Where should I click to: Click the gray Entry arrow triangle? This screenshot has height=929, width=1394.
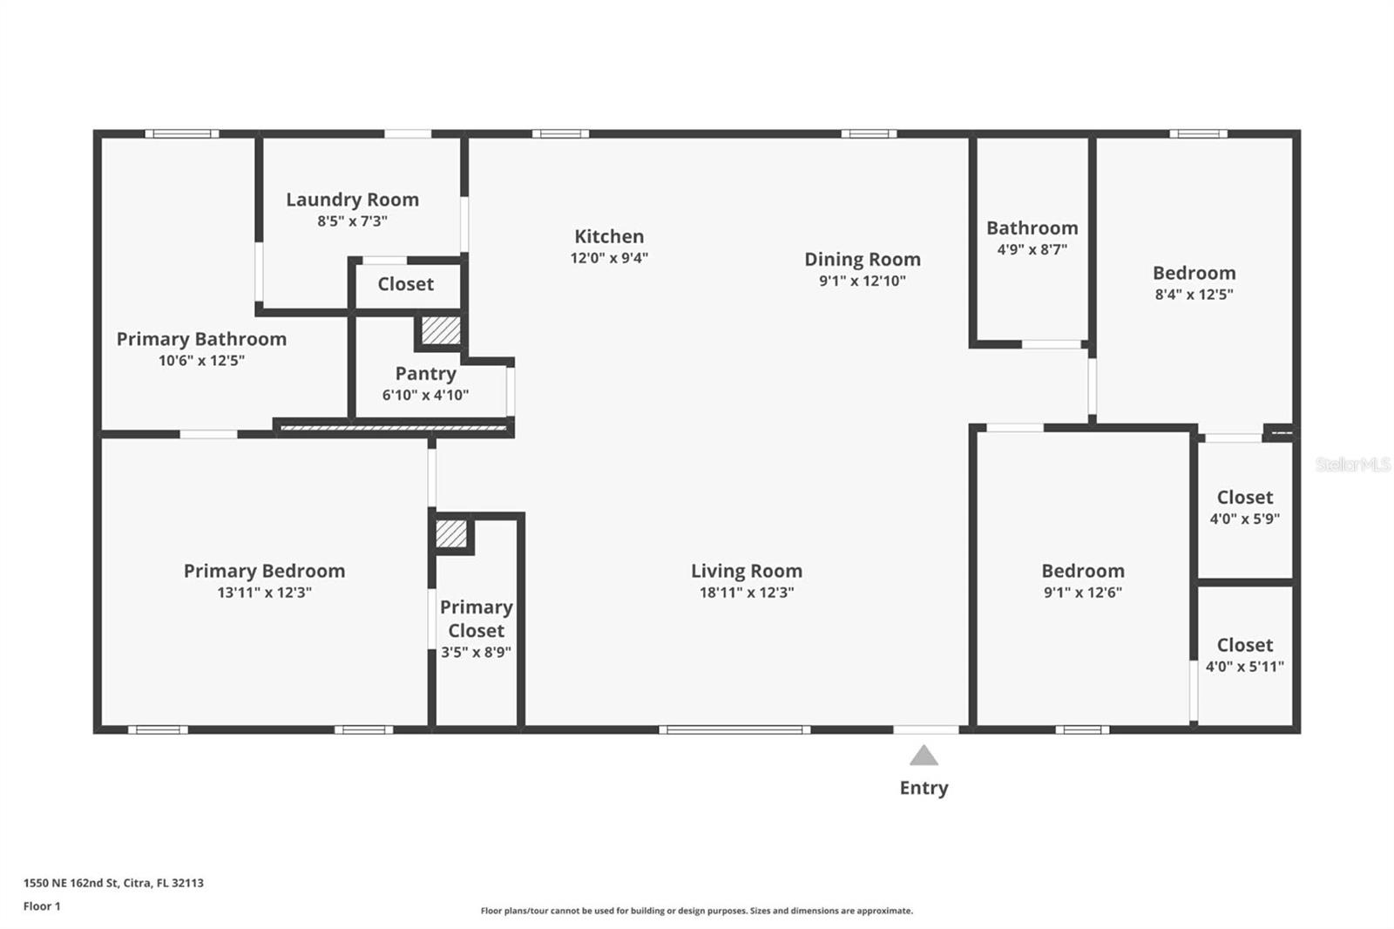click(924, 756)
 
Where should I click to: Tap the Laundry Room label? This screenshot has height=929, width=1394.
click(352, 200)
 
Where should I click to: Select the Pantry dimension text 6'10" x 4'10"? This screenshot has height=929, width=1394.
click(425, 395)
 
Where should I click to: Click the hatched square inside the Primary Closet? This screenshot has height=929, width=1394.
click(451, 533)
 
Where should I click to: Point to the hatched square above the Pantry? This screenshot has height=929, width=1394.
click(441, 330)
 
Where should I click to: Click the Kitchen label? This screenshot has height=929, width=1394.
click(609, 236)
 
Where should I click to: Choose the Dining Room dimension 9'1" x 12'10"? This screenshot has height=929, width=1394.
click(862, 281)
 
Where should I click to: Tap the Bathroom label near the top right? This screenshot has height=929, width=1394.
click(1032, 227)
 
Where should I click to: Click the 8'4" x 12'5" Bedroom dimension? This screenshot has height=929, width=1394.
click(1194, 295)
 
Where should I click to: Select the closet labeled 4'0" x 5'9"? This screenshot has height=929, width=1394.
click(1244, 507)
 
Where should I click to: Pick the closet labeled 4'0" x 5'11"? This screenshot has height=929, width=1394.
click(1244, 655)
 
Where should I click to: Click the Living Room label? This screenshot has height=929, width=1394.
click(747, 571)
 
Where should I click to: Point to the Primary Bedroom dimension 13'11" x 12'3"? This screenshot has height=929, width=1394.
click(264, 593)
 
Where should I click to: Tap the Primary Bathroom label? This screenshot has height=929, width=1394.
click(201, 339)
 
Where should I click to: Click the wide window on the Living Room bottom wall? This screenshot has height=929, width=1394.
click(734, 729)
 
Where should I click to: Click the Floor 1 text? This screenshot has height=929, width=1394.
click(42, 906)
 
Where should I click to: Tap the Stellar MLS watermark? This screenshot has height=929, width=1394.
click(1352, 464)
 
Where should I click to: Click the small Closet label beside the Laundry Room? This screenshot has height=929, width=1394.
click(405, 284)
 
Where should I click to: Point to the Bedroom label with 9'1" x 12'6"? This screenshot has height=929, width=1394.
click(1083, 571)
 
